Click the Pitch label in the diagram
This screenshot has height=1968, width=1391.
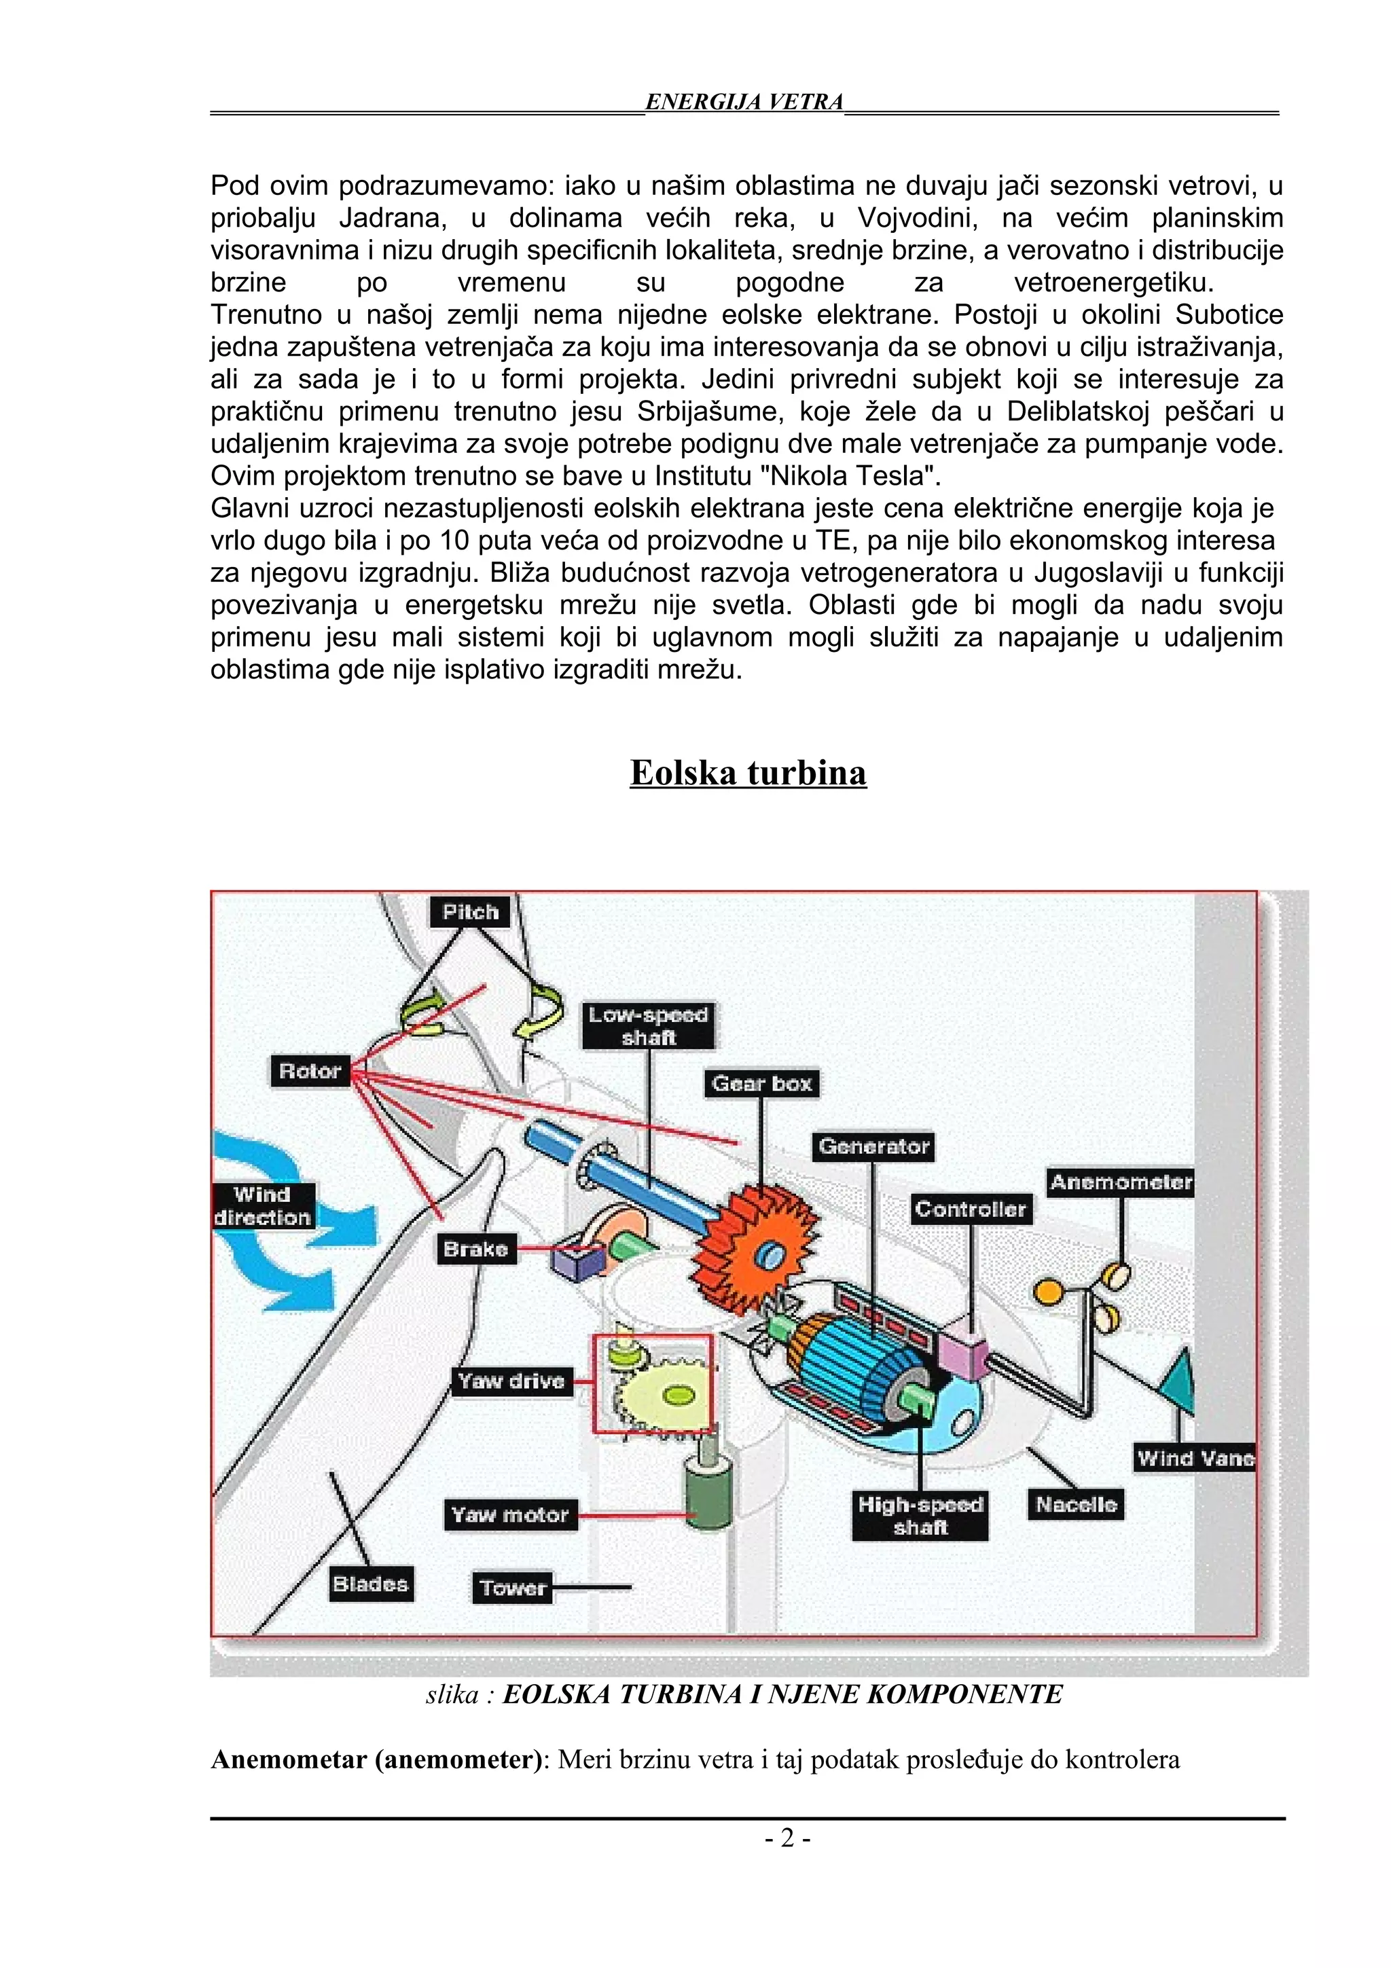469,912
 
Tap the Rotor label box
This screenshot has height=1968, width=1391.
310,1070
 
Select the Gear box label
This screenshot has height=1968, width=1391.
761,1083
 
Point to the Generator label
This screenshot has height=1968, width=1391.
873,1146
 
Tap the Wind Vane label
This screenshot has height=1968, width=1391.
1195,1458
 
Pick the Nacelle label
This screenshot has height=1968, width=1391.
1076,1504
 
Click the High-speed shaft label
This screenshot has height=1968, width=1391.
920,1516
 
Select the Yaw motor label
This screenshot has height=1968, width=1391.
510,1514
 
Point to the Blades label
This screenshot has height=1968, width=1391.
370,1583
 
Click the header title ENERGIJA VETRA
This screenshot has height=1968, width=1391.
744,102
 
